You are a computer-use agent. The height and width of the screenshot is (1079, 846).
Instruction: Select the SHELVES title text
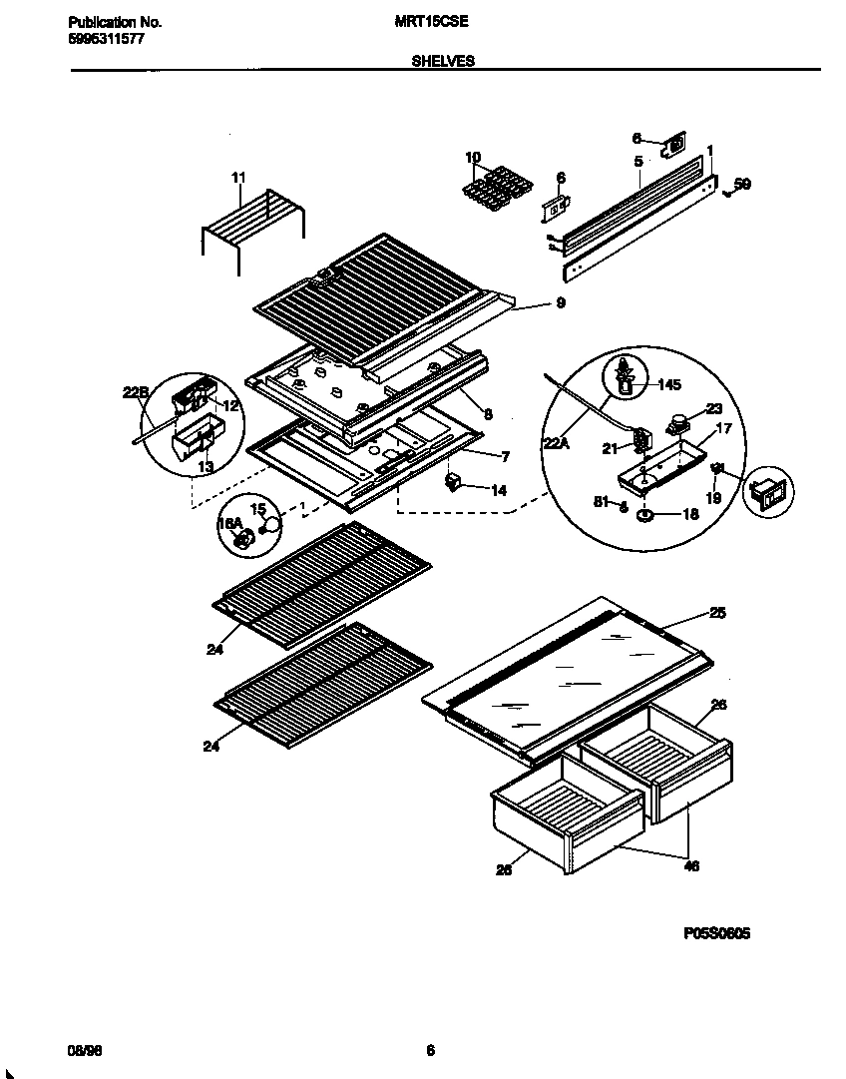tap(443, 60)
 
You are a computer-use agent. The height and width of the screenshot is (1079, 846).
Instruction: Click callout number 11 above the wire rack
tap(237, 178)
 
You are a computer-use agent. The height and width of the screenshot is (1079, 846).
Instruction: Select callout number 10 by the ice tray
tap(472, 157)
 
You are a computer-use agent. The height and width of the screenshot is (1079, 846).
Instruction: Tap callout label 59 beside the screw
tap(741, 184)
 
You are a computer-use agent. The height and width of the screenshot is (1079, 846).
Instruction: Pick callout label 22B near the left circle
tap(135, 392)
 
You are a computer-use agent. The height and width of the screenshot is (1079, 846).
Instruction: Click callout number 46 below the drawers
tap(691, 865)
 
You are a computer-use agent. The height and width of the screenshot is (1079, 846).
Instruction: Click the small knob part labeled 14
tap(454, 484)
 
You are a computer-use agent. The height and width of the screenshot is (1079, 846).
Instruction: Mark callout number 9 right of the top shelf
tap(561, 303)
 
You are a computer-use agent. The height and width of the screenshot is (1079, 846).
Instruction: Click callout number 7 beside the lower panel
tap(506, 456)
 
